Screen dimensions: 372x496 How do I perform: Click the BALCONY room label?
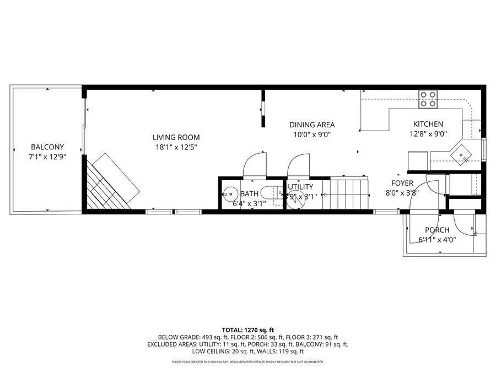click(x=47, y=147)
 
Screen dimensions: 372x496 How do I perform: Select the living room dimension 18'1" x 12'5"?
click(x=176, y=147)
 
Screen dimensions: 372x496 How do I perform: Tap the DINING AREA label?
click(x=312, y=125)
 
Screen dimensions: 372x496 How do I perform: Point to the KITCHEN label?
click(x=428, y=124)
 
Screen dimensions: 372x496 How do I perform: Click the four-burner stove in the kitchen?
click(x=428, y=99)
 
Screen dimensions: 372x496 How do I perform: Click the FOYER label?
click(x=402, y=183)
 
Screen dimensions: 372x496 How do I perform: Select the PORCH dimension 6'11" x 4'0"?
click(x=437, y=239)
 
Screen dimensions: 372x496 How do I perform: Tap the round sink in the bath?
click(x=230, y=193)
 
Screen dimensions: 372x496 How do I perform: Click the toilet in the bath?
click(x=271, y=193)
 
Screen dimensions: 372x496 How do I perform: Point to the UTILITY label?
click(x=300, y=187)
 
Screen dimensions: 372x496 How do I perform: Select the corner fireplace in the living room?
click(x=110, y=185)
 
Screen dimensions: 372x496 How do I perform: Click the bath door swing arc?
click(x=255, y=164)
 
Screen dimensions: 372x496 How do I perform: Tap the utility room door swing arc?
click(x=297, y=164)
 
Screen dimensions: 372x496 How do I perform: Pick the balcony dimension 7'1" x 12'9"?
click(x=47, y=157)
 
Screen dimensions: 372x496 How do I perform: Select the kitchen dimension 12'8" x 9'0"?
click(x=428, y=133)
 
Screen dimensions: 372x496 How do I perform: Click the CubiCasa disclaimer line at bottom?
click(x=247, y=362)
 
